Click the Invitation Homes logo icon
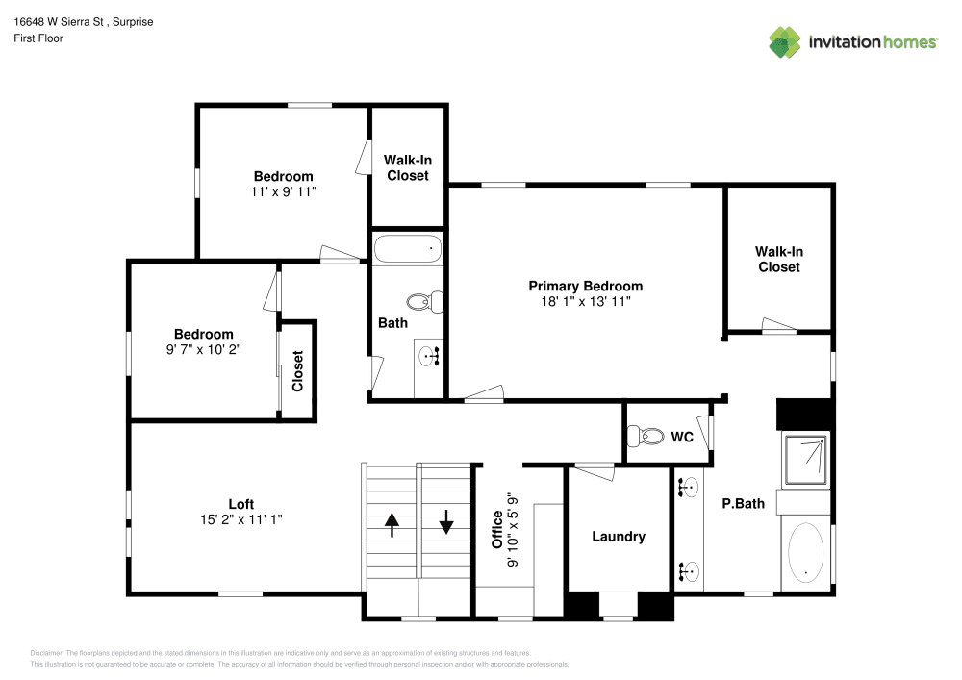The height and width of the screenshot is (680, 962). (785, 41)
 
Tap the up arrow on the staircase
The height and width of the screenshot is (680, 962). (392, 524)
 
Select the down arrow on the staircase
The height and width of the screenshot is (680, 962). (446, 524)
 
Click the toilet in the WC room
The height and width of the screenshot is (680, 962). (646, 437)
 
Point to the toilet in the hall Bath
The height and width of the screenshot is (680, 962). (425, 301)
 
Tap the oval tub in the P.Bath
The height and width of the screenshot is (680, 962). (806, 555)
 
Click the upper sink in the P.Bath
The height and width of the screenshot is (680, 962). (688, 489)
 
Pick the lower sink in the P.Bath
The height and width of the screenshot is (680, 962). (688, 571)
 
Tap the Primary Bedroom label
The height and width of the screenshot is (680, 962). (585, 286)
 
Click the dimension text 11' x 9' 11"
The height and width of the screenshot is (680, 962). (283, 191)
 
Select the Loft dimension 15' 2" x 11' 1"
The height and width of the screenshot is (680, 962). (240, 519)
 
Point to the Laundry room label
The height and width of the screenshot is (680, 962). (618, 537)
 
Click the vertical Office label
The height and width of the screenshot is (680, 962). (497, 530)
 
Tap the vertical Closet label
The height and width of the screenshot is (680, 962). (298, 370)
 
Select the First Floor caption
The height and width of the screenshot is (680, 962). (38, 38)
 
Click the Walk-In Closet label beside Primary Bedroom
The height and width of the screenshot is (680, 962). (778, 259)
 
